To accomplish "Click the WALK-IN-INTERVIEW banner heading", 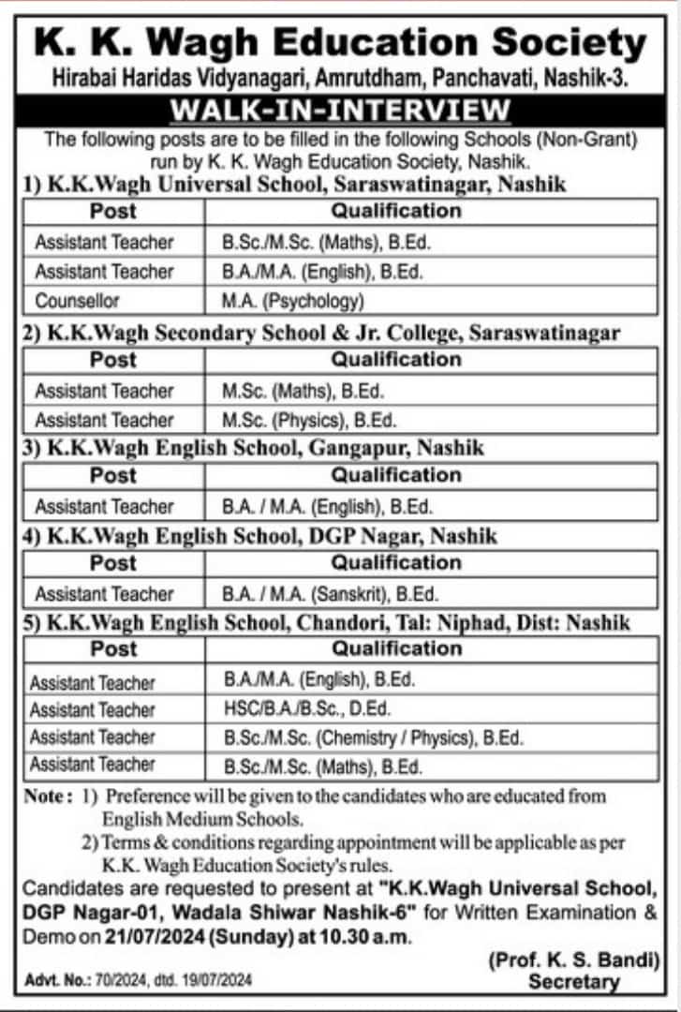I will [340, 110].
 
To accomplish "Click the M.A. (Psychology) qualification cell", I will [291, 302].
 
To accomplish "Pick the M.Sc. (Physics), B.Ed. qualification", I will [309, 420].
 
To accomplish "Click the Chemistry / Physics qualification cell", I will [373, 737].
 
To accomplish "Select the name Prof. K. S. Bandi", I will [574, 960].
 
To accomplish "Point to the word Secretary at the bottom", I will [574, 982].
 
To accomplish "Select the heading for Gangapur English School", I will [253, 448].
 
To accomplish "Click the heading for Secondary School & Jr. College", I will [321, 333].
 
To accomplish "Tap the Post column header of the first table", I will [113, 211].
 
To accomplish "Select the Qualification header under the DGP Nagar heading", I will [396, 563].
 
